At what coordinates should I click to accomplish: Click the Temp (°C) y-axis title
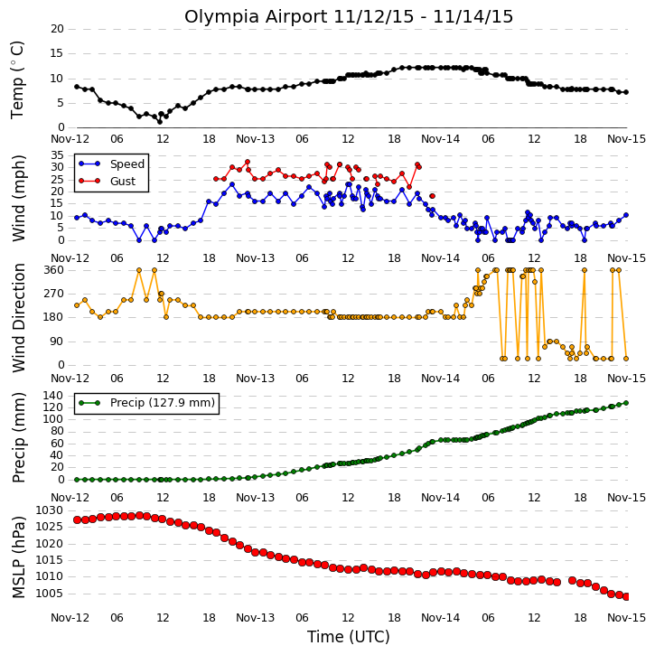[x=17, y=80]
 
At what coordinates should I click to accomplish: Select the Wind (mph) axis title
[x=18, y=198]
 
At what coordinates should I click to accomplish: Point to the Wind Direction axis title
[x=18, y=318]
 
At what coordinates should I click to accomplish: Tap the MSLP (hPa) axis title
[x=18, y=557]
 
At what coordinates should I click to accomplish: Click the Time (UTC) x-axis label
[x=349, y=637]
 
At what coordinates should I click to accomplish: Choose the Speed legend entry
[x=112, y=164]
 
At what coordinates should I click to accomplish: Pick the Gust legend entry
[x=108, y=181]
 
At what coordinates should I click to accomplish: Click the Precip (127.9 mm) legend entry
[x=146, y=403]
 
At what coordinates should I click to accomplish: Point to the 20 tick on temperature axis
[x=57, y=29]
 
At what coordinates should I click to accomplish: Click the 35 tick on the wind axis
[x=57, y=155]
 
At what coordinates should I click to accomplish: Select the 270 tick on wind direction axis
[x=54, y=294]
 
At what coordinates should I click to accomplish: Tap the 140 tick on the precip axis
[x=54, y=395]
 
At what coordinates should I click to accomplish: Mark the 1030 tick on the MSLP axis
[x=50, y=510]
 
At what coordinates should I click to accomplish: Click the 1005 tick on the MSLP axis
[x=50, y=594]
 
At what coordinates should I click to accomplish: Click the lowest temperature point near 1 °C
[x=160, y=122]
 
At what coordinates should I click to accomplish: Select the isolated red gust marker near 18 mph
[x=433, y=196]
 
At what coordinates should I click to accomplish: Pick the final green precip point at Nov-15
[x=626, y=403]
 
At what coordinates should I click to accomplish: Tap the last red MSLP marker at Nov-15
[x=626, y=597]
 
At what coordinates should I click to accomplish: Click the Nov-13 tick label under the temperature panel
[x=256, y=139]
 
